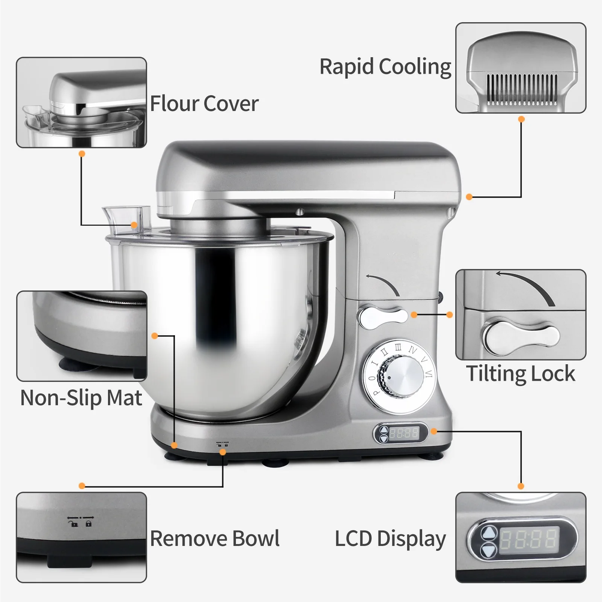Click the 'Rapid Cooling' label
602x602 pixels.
pos(385,67)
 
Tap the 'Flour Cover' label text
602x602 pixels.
pos(204,103)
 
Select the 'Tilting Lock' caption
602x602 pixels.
pos(521,374)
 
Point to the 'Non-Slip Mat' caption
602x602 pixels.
pos(81,398)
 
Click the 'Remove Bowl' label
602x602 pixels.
pos(215,538)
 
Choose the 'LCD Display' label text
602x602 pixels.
pos(390,538)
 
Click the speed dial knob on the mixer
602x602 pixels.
pos(401,377)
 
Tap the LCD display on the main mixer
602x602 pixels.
pos(404,433)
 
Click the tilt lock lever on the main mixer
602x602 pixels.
pos(382,316)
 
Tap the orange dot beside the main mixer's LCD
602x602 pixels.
pos(434,431)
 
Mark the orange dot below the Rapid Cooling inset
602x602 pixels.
pos(521,119)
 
